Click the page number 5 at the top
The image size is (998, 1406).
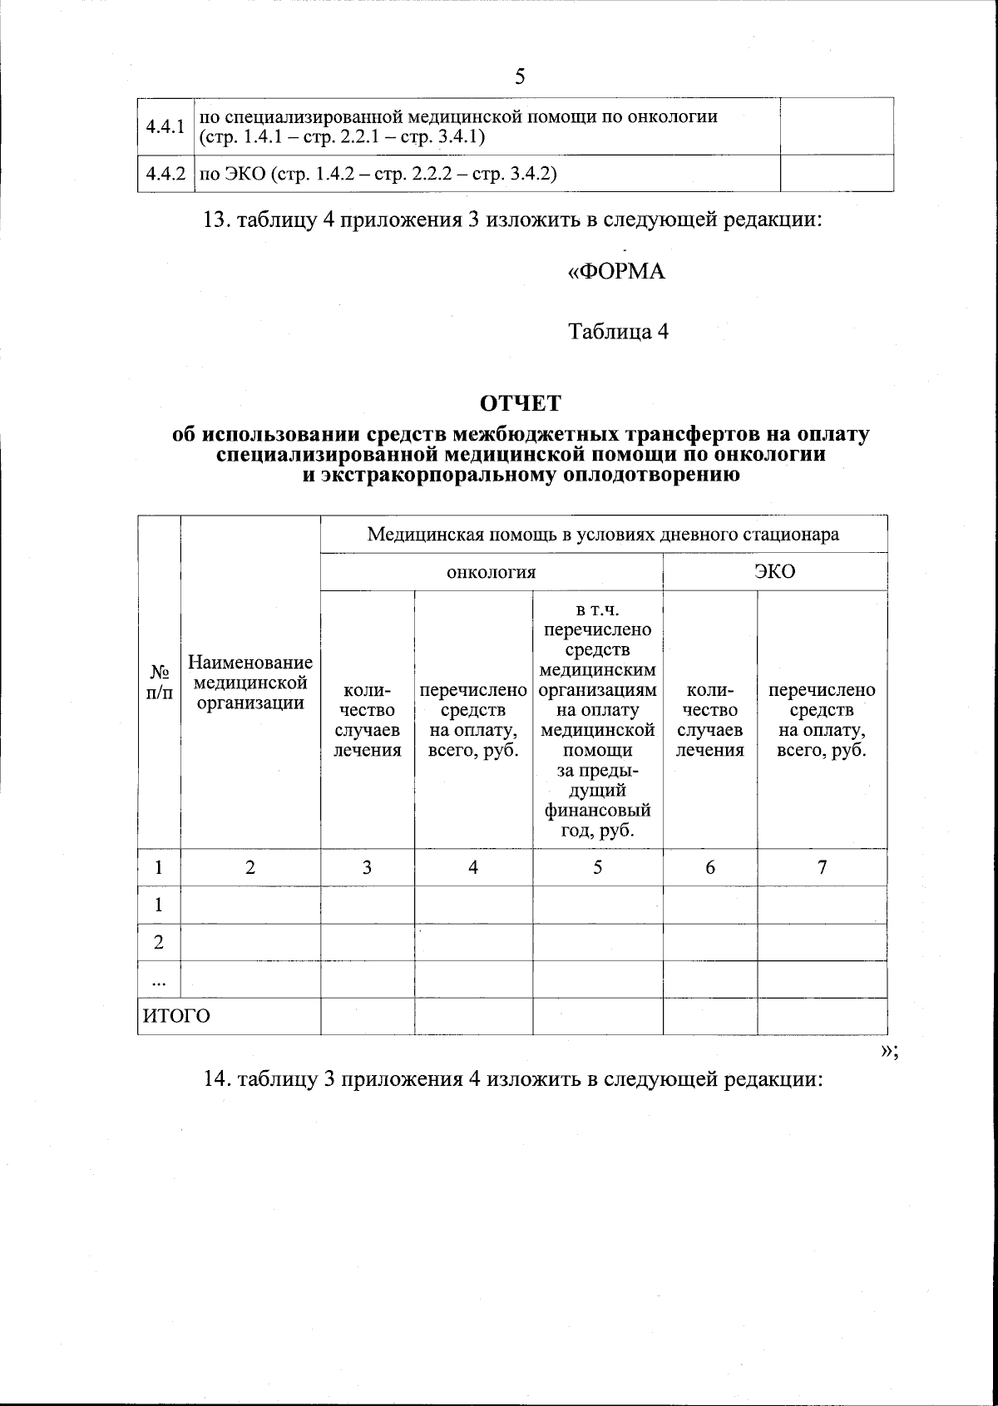520,77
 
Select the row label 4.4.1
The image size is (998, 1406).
164,126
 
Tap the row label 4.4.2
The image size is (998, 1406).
164,173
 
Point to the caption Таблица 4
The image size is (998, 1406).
618,332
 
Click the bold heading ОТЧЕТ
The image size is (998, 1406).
521,403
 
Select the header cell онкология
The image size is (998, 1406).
491,572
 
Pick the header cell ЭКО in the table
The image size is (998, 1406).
774,572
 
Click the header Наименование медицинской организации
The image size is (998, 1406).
250,682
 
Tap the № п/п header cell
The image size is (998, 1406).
159,682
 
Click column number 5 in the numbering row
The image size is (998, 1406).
597,867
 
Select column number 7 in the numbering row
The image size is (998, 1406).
822,867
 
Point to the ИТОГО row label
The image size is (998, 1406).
177,1016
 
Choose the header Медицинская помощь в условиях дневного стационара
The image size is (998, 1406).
603,534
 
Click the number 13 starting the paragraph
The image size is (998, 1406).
216,220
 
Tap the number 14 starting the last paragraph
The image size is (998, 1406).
216,1079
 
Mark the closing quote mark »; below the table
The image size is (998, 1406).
888,1050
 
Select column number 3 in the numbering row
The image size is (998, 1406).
367,867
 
